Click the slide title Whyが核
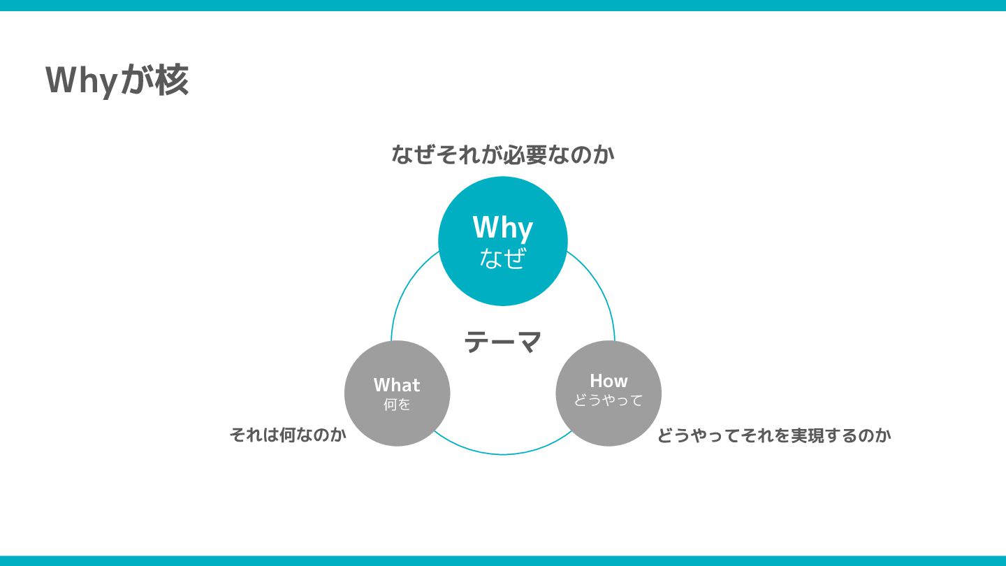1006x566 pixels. point(117,80)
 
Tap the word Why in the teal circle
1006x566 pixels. point(502,228)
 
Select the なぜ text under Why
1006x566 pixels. point(502,259)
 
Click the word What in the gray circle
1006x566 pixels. point(397,385)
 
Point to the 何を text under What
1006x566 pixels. point(397,405)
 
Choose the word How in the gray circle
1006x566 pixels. point(608,381)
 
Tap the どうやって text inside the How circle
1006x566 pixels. point(608,400)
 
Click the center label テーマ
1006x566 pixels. point(503,342)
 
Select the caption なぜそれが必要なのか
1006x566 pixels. point(502,154)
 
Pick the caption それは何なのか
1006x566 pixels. point(288,435)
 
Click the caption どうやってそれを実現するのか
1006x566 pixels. point(773,435)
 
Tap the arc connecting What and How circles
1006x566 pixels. point(503,454)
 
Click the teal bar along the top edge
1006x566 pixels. point(503,6)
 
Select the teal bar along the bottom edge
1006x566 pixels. point(503,560)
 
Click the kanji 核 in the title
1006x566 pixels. point(172,80)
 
